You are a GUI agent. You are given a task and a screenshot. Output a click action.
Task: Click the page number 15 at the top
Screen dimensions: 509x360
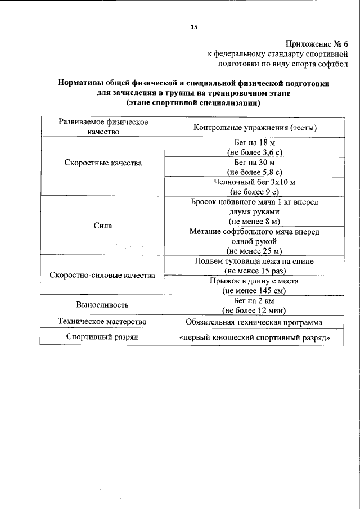point(194,26)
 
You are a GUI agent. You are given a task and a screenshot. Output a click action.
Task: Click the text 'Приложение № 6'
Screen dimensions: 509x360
point(317,44)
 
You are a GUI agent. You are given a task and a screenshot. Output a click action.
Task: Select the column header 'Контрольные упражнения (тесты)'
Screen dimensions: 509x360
point(255,128)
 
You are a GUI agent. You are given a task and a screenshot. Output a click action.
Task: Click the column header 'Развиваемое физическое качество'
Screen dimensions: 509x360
point(102,127)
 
